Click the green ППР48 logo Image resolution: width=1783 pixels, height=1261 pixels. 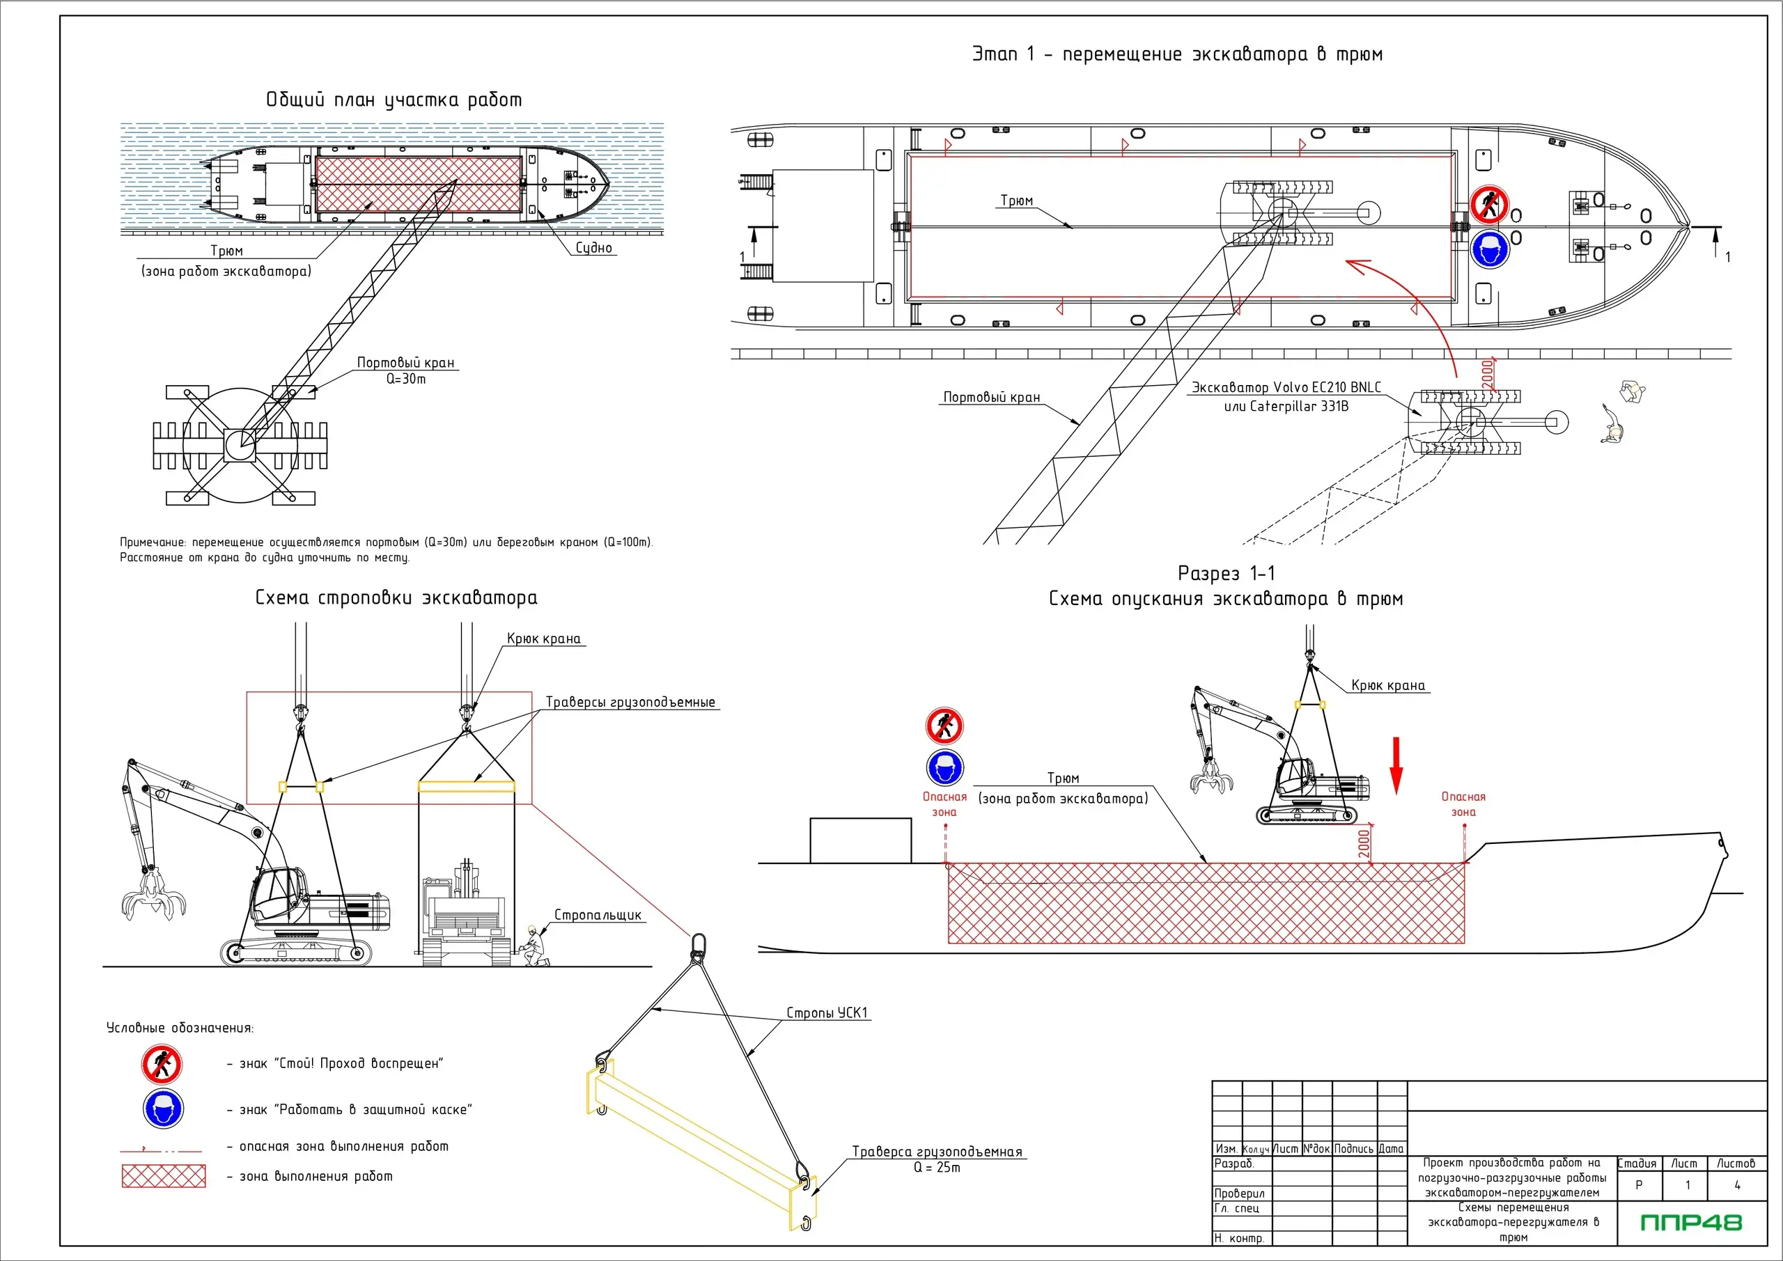(x=1690, y=1223)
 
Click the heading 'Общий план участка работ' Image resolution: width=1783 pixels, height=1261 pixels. (x=394, y=100)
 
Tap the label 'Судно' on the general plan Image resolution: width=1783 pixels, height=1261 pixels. (x=593, y=248)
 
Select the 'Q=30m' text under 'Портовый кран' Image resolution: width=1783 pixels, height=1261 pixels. (x=406, y=379)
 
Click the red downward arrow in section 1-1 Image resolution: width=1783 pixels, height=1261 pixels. (x=1396, y=765)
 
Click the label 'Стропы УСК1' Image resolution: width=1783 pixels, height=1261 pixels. (x=826, y=1012)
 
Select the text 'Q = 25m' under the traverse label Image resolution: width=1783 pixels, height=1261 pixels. (x=937, y=1168)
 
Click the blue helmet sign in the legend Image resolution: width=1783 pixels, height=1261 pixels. (x=163, y=1109)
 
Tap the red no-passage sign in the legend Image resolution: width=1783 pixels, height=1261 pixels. (x=162, y=1064)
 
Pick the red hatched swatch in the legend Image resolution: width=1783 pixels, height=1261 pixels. (x=163, y=1176)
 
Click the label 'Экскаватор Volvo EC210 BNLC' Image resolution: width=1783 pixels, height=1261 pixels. (x=1286, y=387)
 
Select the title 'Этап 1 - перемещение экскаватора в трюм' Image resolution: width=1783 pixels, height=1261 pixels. (x=1176, y=54)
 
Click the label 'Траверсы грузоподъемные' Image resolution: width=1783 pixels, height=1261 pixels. (x=630, y=702)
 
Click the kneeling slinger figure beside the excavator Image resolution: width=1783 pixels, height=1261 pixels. (x=533, y=946)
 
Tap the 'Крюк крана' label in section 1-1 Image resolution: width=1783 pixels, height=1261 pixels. (x=1387, y=685)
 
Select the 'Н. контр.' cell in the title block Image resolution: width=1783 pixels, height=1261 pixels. (x=1240, y=1239)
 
